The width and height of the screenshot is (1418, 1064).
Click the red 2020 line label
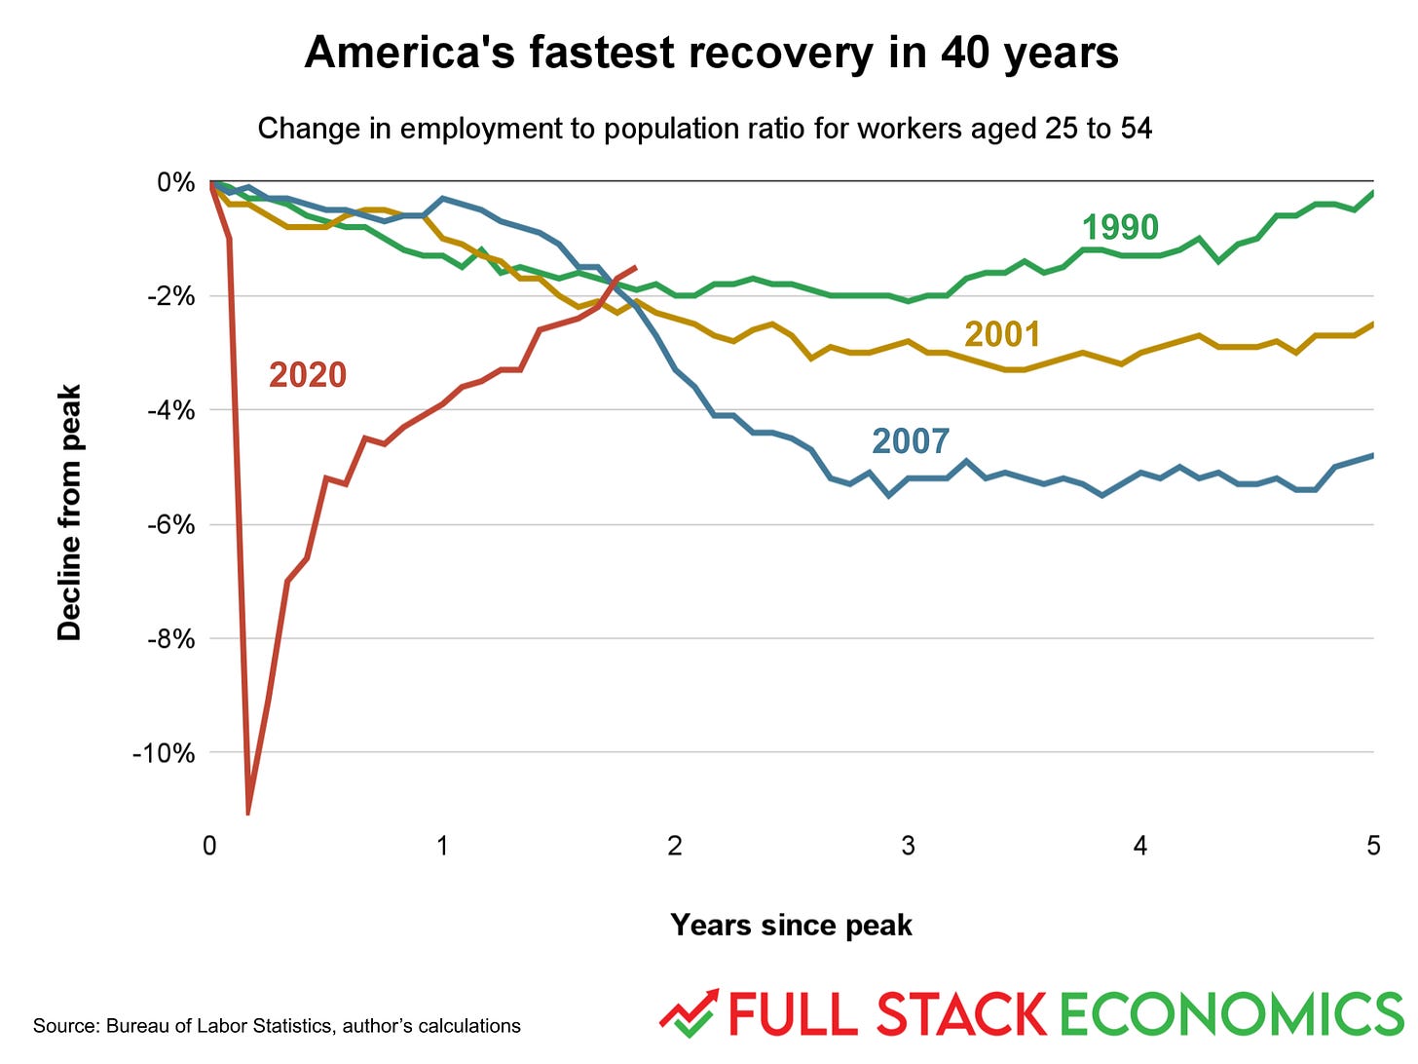click(x=307, y=375)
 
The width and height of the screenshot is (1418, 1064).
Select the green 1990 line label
click(x=1120, y=227)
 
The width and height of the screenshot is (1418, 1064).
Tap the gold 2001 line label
click(x=1002, y=334)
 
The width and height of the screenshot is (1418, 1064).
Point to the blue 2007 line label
click(x=910, y=441)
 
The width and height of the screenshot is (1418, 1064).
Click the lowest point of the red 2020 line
click(x=248, y=811)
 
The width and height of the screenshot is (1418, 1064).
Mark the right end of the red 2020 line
click(x=636, y=267)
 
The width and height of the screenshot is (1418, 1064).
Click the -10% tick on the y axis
click(x=164, y=753)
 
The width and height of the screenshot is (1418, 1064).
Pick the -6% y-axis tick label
click(x=170, y=525)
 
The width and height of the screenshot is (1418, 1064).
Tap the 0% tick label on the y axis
click(x=175, y=183)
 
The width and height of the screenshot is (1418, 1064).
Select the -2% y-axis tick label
click(x=170, y=296)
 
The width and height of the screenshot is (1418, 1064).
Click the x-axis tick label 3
click(x=908, y=846)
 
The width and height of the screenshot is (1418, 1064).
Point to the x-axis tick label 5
click(x=1373, y=846)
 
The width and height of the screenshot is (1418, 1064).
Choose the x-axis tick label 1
click(x=442, y=846)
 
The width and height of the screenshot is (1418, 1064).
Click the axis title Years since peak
click(x=791, y=925)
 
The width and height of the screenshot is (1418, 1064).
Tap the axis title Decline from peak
click(x=69, y=513)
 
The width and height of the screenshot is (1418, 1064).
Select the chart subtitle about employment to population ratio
click(x=704, y=129)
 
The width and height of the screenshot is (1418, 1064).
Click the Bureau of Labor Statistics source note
click(x=277, y=1026)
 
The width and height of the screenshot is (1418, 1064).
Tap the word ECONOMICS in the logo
click(x=1231, y=1014)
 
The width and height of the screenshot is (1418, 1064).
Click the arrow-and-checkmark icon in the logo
click(x=689, y=1013)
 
